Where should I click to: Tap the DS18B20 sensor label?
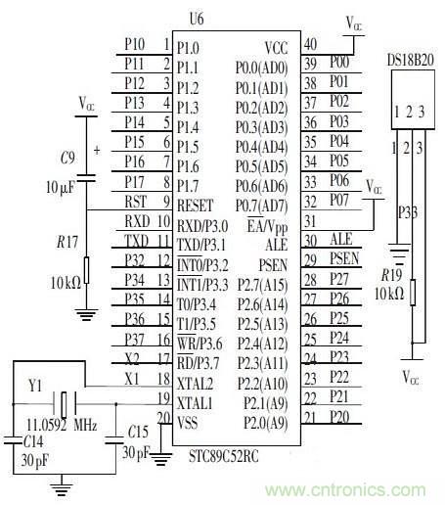coord(410,60)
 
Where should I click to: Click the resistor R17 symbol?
coord(87,269)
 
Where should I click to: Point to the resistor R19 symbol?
coord(413,292)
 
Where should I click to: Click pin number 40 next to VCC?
coord(310,45)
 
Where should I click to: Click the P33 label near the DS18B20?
coord(403,208)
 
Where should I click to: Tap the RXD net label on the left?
coord(136,221)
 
